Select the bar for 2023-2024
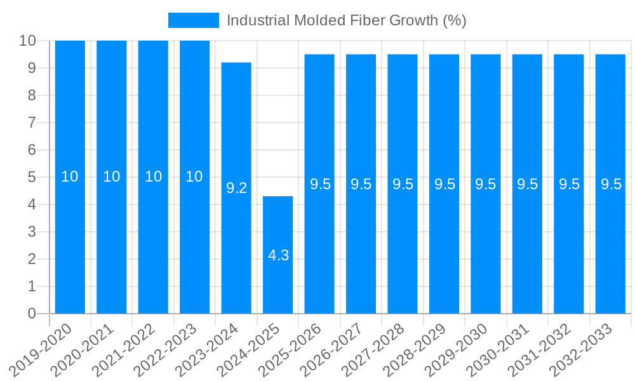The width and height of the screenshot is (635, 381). tap(236, 188)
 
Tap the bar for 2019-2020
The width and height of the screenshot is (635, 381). tap(70, 177)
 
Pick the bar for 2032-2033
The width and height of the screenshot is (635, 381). tap(611, 184)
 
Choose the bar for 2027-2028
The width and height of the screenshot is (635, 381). tap(403, 184)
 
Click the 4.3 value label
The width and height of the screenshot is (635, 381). tap(278, 255)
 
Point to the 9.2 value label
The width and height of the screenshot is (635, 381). tap(236, 188)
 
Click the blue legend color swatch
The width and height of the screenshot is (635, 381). tap(193, 20)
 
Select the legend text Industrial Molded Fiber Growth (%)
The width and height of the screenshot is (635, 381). tap(346, 20)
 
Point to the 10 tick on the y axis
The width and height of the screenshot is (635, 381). tap(27, 41)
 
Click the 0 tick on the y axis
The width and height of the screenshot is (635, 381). tap(32, 314)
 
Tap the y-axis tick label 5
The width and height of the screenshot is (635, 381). tap(32, 177)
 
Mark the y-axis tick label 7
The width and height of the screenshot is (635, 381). tap(32, 123)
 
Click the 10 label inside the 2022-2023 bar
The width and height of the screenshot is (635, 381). tap(194, 177)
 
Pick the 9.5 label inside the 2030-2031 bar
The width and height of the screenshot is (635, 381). tap(527, 184)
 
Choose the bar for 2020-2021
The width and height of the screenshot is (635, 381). tap(111, 177)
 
